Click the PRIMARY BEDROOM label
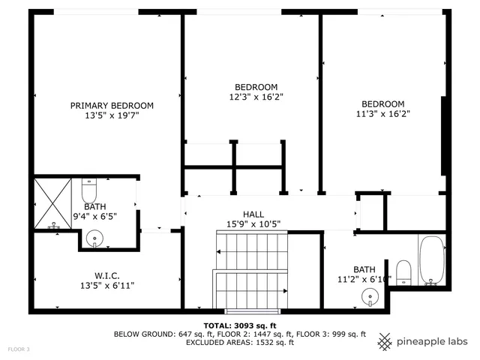112,106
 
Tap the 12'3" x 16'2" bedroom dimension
256,97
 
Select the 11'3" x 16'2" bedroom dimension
382,114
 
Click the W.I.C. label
106,274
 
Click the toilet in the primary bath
88,187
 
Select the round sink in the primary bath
94,239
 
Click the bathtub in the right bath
431,260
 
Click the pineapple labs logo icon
385,341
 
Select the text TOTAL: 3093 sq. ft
239,325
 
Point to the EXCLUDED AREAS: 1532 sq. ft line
239,343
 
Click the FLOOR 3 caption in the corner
19,349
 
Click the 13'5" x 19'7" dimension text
112,115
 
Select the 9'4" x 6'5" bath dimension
94,216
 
